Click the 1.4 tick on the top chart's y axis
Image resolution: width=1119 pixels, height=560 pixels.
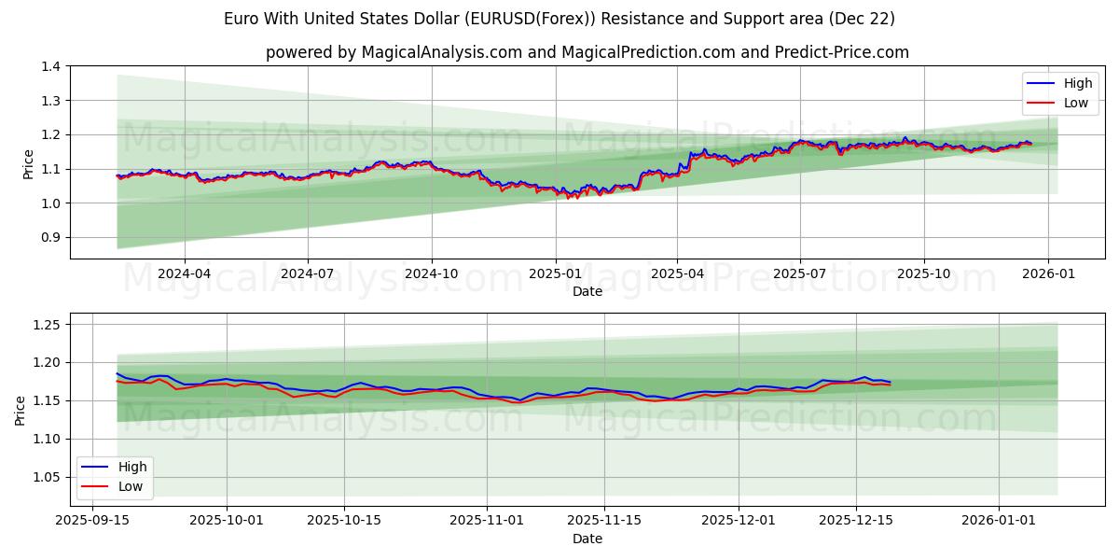point(51,66)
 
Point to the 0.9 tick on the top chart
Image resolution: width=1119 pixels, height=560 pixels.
point(51,237)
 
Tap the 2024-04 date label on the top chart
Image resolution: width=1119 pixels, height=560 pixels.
point(184,273)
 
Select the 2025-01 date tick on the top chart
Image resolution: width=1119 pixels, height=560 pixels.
point(556,273)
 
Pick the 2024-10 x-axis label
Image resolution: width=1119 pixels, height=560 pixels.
point(432,273)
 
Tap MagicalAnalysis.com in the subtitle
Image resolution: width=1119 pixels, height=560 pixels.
point(441,52)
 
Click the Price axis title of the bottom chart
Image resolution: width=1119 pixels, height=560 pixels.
point(21,410)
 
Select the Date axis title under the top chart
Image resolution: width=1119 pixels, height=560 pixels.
point(587,291)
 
